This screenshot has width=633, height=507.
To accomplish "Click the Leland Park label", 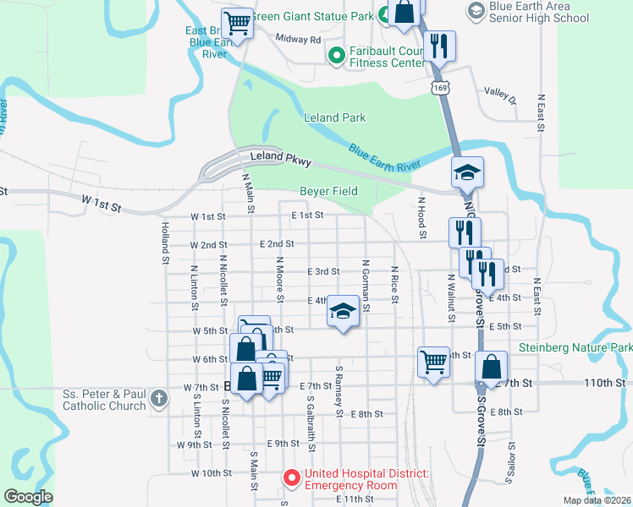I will tap(334, 117).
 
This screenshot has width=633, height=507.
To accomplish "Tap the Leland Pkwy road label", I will tap(281, 159).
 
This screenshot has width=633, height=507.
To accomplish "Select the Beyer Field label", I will tap(328, 192).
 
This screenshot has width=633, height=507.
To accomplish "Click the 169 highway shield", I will tap(439, 87).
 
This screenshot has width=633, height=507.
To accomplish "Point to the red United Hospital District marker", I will tap(292, 479).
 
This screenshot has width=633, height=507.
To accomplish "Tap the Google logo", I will tap(28, 497).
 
